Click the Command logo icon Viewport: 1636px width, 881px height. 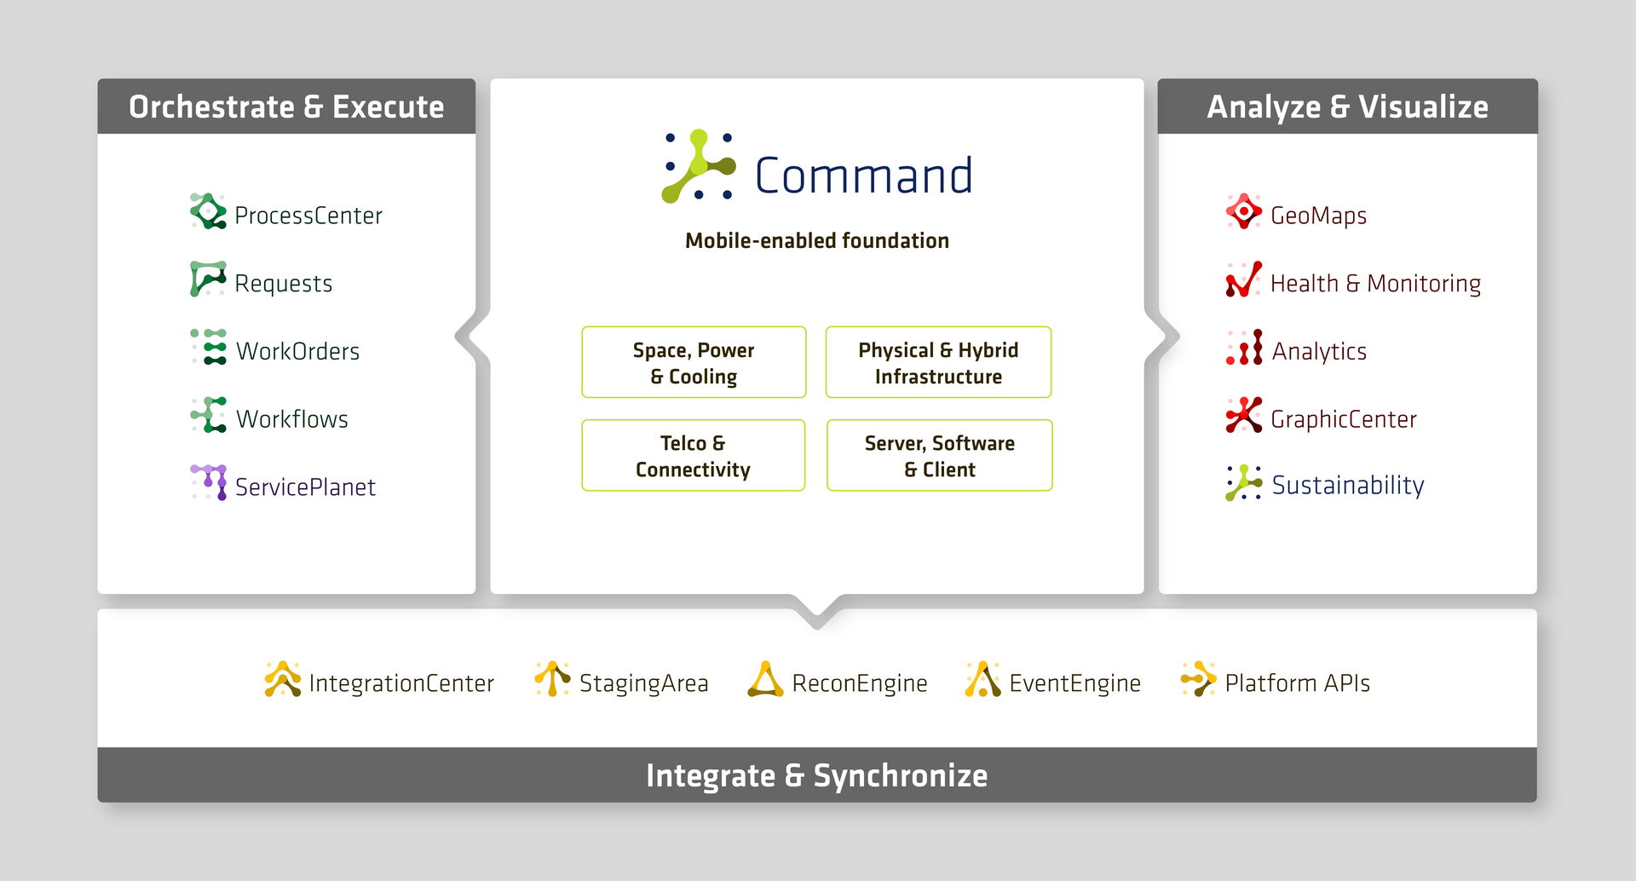pos(699,166)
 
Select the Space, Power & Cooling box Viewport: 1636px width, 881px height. pos(694,362)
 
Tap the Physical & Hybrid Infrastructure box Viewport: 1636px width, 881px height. pos(938,362)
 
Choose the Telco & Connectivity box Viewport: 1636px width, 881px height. pos(693,455)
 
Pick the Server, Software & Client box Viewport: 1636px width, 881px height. pos(939,455)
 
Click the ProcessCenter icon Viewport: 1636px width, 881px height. pos(208,211)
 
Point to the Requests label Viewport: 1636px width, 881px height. pos(283,283)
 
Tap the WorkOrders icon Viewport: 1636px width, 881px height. pos(208,347)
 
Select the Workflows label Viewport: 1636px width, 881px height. pos(291,419)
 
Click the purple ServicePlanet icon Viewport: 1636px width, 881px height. pos(209,482)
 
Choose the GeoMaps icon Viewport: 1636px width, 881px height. pos(1243,211)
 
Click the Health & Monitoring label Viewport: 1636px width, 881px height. pos(1375,283)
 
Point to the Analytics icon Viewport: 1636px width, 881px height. pos(1244,348)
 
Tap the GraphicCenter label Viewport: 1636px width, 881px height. pos(1343,419)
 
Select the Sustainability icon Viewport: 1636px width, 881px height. pos(1243,483)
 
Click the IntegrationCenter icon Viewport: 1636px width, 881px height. pos(283,679)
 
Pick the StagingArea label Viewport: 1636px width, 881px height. pos(643,683)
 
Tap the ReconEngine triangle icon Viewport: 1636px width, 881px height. pos(765,680)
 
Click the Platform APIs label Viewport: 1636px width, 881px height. pos(1297,683)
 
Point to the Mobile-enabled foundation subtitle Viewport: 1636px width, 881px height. pos(816,241)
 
